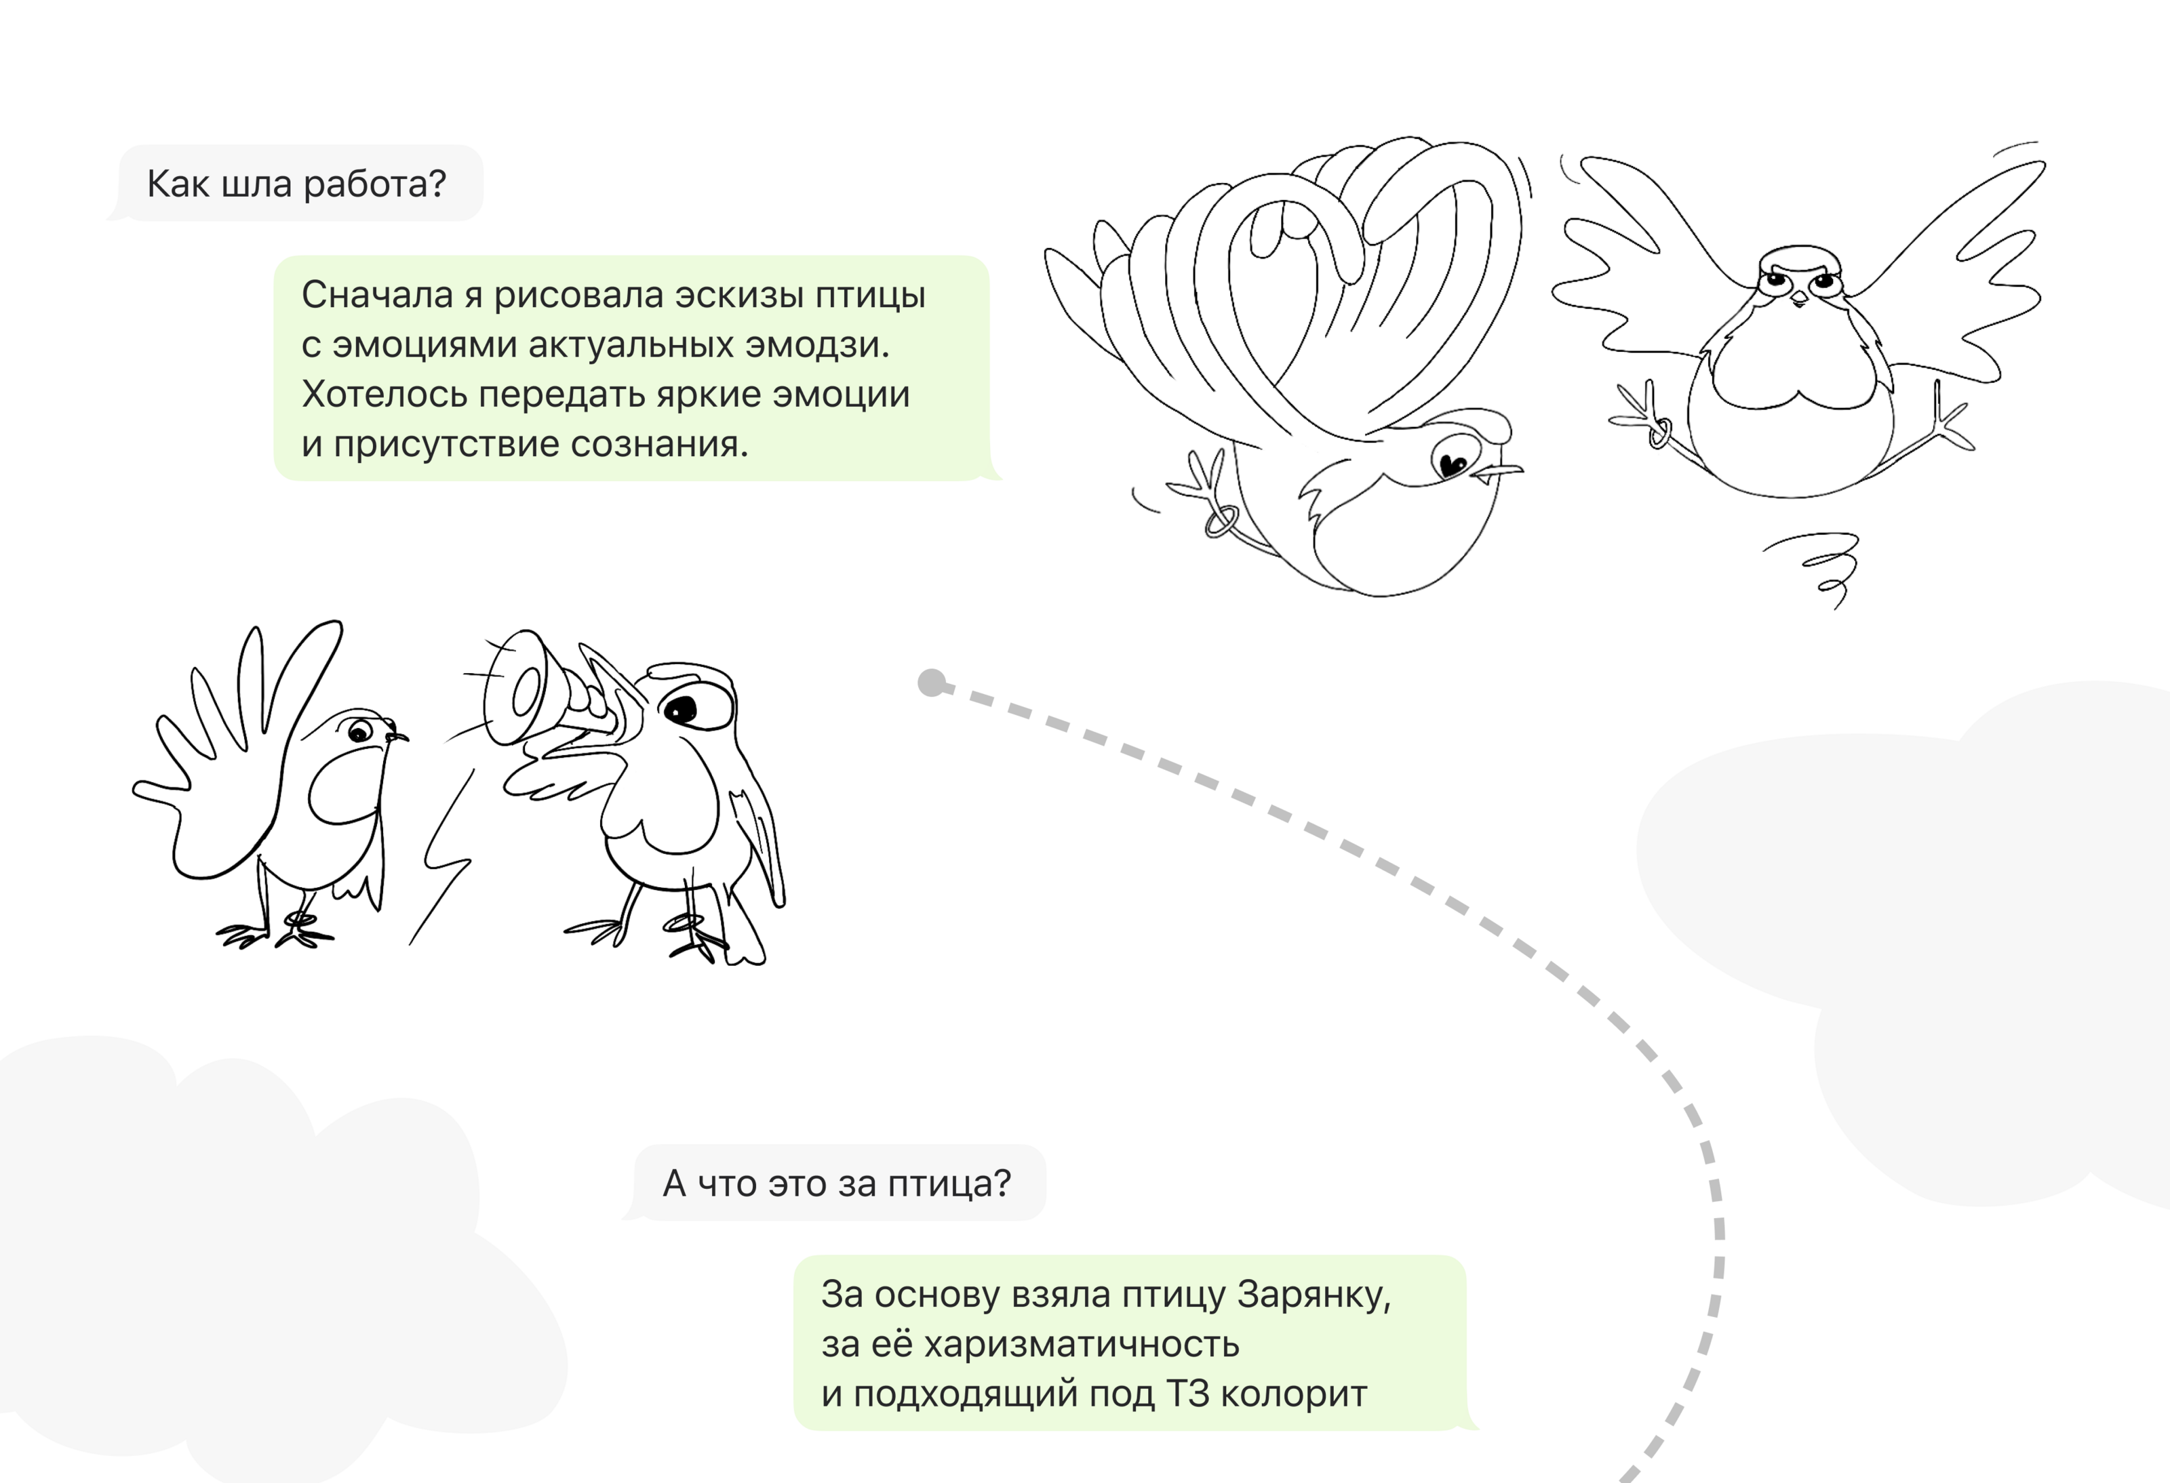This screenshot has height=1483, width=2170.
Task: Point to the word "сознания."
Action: (x=659, y=444)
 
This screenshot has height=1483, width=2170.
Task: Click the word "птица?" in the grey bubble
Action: (x=949, y=1184)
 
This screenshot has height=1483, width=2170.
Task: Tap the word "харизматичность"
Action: (x=1081, y=1345)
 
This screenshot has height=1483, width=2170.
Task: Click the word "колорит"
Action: (x=1293, y=1394)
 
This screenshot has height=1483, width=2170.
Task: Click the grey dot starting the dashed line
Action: (x=932, y=683)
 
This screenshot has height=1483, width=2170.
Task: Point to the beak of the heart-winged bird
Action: (x=1499, y=474)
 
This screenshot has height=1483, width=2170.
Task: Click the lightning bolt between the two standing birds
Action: (x=440, y=859)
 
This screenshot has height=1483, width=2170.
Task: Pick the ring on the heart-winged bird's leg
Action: (x=1221, y=521)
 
